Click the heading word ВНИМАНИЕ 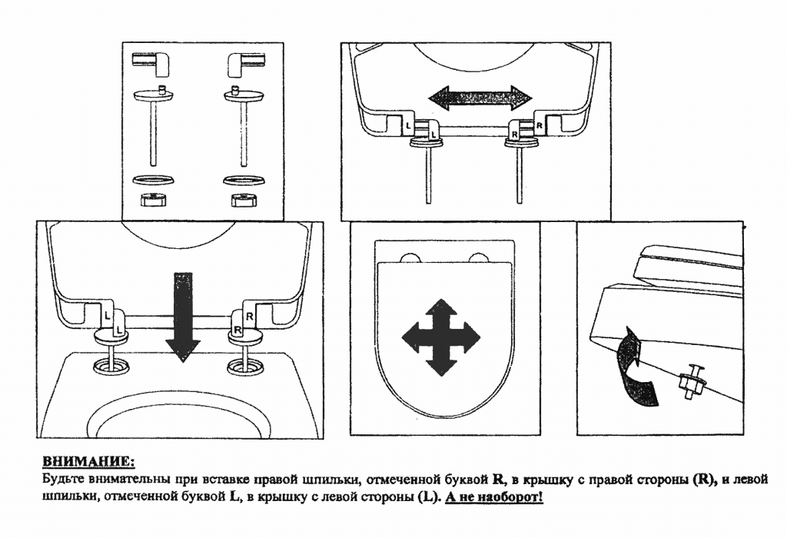tap(88, 462)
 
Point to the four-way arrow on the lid tap(441, 336)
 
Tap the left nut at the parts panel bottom tap(154, 202)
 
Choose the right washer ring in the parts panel tap(241, 181)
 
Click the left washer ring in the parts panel tap(154, 181)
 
